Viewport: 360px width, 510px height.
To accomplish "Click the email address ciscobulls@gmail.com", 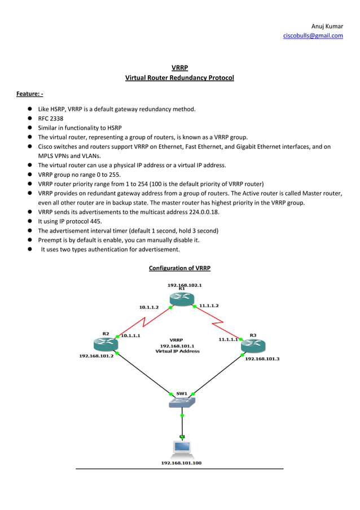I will click(313, 36).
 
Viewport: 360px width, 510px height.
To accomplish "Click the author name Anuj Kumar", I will click(327, 26).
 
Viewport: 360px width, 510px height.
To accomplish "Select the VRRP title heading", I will click(179, 68).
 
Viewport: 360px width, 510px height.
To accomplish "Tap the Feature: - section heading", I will click(29, 93).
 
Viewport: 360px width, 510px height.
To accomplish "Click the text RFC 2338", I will click(51, 119).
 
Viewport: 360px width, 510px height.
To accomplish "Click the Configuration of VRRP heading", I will click(179, 268).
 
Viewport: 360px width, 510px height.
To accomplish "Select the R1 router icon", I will click(181, 299).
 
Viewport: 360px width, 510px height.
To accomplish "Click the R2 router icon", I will click(104, 343).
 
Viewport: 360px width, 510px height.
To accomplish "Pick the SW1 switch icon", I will click(181, 402).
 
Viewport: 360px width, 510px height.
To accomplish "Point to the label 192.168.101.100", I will click(181, 463).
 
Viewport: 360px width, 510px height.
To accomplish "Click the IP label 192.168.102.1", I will click(185, 285).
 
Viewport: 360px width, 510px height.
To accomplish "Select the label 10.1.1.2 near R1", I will click(149, 307).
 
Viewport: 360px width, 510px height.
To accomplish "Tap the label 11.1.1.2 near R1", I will click(208, 306).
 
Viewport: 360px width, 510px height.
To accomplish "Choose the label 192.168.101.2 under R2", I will click(96, 356).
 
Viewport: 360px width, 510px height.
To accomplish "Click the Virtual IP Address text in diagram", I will click(177, 351).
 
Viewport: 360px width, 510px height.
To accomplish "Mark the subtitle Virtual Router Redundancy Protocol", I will click(179, 77).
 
